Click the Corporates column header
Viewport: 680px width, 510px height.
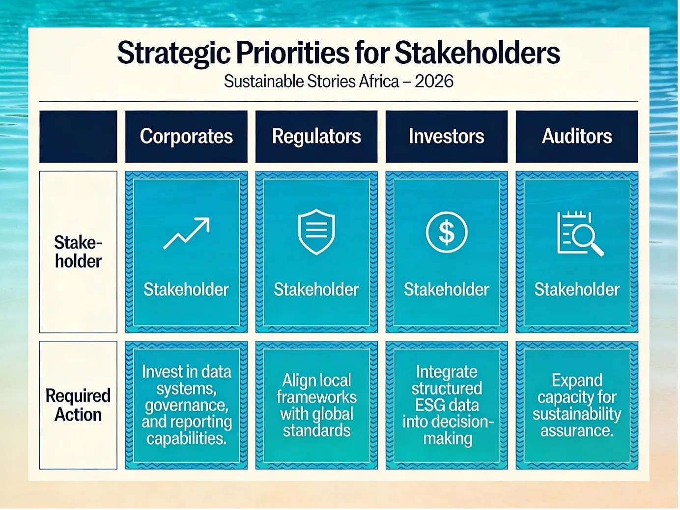[x=186, y=137]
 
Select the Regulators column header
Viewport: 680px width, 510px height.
[x=316, y=137]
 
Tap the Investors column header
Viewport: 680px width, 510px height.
[x=447, y=137]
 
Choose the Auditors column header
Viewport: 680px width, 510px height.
[x=577, y=137]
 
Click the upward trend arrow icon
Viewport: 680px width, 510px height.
[x=186, y=233]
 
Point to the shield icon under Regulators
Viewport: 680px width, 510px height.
[x=316, y=231]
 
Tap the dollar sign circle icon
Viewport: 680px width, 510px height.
[x=447, y=232]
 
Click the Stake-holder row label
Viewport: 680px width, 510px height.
[x=78, y=252]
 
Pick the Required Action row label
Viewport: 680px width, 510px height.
[x=78, y=405]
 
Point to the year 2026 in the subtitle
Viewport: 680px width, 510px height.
[x=434, y=82]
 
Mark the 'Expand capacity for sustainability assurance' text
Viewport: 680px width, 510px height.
[x=577, y=405]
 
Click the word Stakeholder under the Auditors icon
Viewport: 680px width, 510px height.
[x=577, y=289]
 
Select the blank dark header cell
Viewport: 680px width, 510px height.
[x=78, y=137]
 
